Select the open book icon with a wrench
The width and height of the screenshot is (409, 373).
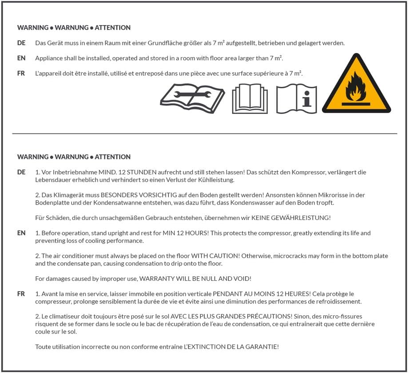coord(192,98)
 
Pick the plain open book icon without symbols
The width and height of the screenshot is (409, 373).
coord(250,98)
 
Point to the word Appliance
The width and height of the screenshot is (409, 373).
coord(50,58)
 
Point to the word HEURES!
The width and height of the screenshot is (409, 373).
coord(294,294)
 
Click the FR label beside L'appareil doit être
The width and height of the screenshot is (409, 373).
coord(21,73)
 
